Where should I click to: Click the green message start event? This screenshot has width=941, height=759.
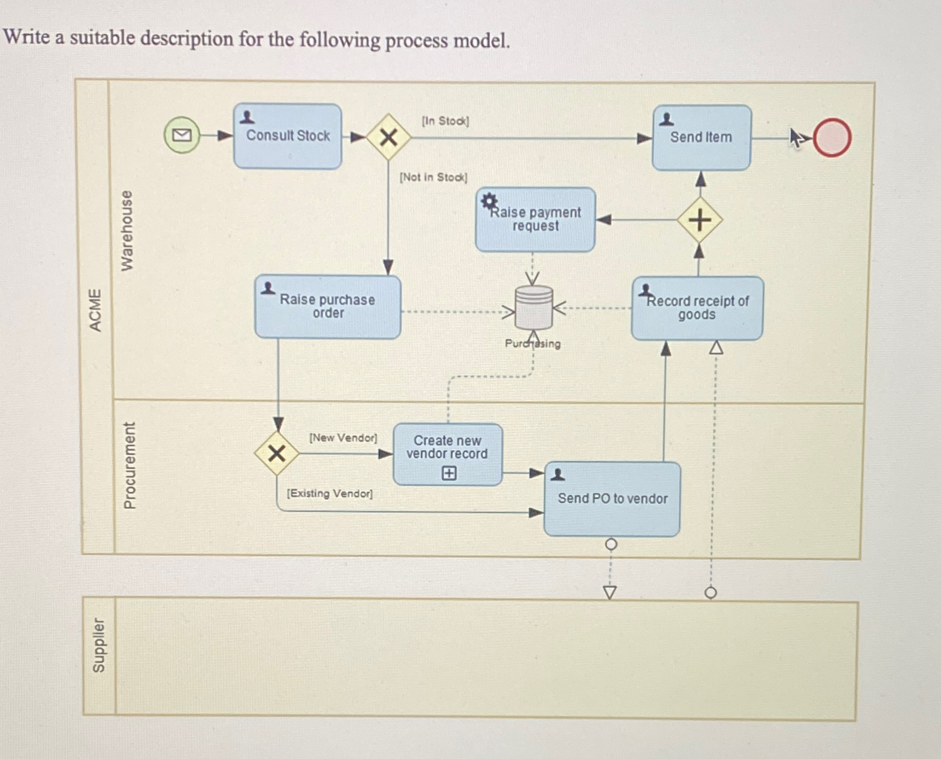pos(181,135)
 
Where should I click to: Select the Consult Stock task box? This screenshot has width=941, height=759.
pos(287,136)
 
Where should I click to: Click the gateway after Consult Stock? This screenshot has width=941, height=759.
pos(388,138)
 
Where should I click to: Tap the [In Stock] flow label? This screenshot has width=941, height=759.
pos(445,121)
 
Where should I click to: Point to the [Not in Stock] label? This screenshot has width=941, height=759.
pos(433,177)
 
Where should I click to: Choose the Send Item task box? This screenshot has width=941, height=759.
pos(701,138)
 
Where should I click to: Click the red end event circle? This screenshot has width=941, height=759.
pos(832,138)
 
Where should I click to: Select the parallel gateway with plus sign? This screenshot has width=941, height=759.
pos(699,219)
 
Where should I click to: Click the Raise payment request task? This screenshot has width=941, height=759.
pos(535,219)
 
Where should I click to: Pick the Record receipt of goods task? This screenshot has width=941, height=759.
pos(697,308)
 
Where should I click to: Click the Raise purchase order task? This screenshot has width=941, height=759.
pos(327,307)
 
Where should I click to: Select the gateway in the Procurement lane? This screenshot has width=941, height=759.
pos(277,453)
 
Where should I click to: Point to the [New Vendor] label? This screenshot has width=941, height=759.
pos(343,438)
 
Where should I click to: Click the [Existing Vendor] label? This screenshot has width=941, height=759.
pos(330,494)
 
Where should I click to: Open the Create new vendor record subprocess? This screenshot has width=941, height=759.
pos(448,454)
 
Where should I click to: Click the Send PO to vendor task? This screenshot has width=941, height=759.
pos(612,499)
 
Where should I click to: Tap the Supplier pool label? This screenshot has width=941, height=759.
pos(98,645)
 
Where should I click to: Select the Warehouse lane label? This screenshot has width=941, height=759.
pos(126,231)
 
